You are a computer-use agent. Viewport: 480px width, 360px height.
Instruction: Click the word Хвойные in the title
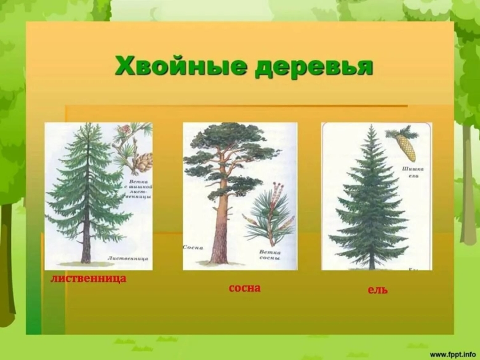179,65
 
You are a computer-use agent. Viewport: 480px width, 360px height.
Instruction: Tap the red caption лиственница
89,278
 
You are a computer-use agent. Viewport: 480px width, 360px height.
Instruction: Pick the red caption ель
378,289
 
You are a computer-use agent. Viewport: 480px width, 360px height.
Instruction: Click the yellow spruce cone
406,148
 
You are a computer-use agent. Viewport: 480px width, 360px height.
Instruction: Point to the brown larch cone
143,162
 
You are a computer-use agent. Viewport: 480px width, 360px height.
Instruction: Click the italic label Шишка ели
411,171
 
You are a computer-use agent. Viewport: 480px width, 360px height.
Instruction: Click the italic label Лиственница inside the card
127,259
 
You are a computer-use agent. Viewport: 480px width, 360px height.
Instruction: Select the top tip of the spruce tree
372,127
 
